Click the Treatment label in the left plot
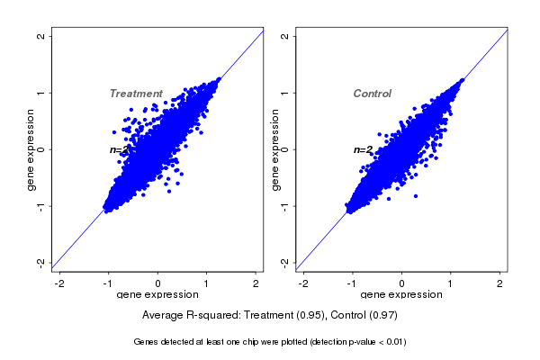136,94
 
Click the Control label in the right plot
373,94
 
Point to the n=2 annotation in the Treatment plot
120,150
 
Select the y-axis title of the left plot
31,149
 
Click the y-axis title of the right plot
274,149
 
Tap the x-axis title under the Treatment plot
159,295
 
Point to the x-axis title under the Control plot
402,295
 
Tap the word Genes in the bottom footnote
147,342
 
